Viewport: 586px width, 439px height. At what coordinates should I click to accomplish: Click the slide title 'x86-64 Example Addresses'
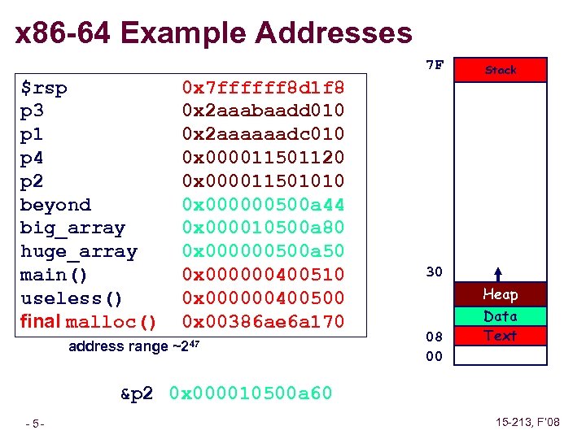tap(214, 33)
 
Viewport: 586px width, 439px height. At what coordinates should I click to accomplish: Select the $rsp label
tap(44, 88)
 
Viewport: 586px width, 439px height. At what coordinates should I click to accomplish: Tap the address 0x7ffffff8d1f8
tap(263, 87)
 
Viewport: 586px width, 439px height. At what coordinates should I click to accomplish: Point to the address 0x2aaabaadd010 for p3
tap(263, 110)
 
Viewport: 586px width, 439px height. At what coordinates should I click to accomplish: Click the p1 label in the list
tap(32, 133)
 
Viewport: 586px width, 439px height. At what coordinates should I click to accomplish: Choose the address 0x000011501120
tap(263, 157)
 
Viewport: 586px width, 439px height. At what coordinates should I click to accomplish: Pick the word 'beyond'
tap(55, 205)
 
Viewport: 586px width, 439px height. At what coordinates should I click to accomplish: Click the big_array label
tap(72, 228)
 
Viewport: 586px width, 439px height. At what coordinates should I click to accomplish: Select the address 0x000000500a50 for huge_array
tap(263, 251)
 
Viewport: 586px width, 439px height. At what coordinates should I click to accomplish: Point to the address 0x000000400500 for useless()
tap(263, 298)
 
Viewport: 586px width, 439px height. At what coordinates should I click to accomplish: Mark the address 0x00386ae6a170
tap(263, 322)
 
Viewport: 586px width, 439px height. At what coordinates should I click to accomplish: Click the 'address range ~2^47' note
tap(135, 347)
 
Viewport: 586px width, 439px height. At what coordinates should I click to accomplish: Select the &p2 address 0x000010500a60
tap(251, 394)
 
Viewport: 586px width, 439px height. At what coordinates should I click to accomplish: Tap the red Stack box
tap(501, 70)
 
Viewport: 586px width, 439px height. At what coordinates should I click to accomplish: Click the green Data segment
tap(501, 316)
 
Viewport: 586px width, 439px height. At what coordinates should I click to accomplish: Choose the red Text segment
tap(501, 335)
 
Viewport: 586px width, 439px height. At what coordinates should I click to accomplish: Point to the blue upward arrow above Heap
tap(497, 275)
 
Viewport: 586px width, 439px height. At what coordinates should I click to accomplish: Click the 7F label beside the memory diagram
tap(435, 65)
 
